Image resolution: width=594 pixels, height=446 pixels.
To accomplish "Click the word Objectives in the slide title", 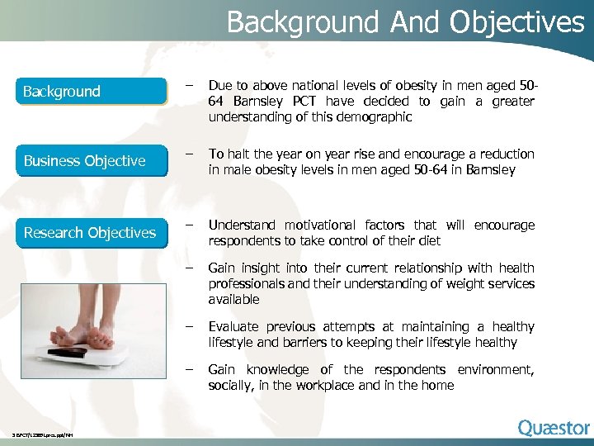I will pyautogui.click(x=516, y=21).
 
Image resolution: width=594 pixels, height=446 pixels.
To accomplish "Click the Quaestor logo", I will pyautogui.click(x=554, y=428).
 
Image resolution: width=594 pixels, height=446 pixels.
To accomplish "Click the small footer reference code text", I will pyautogui.click(x=42, y=435).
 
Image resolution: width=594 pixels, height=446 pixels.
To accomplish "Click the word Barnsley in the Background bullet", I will pyautogui.click(x=256, y=102).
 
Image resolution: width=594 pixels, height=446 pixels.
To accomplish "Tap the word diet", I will pyautogui.click(x=428, y=241).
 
